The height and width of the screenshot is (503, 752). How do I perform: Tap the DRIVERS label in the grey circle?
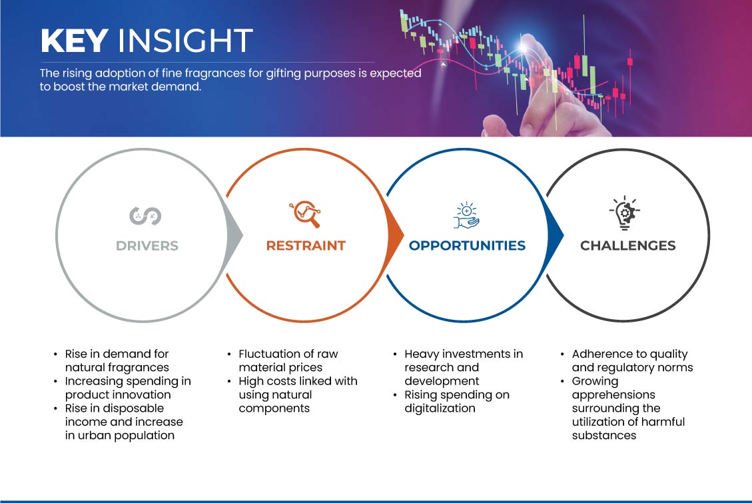point(147,246)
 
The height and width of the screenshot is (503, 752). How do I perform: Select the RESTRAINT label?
point(306,246)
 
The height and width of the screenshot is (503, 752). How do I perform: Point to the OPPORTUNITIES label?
point(467,246)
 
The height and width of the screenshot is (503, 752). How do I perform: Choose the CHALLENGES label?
point(628,246)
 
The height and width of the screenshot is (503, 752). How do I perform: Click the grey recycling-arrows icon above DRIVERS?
point(145,216)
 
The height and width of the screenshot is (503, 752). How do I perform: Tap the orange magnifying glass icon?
point(305,214)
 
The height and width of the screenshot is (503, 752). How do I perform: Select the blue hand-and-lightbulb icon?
point(467,215)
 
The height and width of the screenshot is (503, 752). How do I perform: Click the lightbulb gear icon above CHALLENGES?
point(625,213)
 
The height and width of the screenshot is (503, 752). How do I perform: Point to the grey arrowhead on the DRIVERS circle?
point(234,235)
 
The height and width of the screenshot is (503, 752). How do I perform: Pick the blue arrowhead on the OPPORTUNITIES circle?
point(556,235)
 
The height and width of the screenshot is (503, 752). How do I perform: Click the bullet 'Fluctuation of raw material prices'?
point(288,360)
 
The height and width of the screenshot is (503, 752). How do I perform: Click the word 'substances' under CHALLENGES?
point(604,436)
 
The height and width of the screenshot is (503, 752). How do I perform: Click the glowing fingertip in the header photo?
point(525,45)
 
